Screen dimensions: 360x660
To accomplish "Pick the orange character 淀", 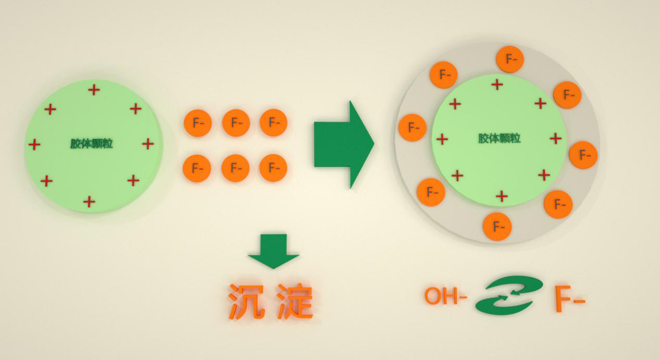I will [295, 301].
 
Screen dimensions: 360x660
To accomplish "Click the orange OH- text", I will [445, 296].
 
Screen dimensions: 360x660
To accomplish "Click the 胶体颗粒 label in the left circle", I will [92, 144].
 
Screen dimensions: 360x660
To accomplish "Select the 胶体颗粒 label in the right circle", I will [500, 139].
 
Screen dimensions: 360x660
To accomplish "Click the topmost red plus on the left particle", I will [94, 90].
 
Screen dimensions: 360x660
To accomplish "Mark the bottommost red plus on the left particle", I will [89, 201].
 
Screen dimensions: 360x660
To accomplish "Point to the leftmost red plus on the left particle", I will [34, 144].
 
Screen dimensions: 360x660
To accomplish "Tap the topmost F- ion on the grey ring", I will [509, 59].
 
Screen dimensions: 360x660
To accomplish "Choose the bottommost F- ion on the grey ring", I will [497, 227].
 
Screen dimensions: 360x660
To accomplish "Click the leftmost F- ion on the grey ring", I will [413, 128].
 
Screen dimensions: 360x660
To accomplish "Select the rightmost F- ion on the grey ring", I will [583, 155].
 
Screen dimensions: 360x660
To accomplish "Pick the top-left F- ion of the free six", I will [197, 123].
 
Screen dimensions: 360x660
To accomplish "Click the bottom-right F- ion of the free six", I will [273, 168].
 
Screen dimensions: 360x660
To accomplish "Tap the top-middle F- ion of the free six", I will [236, 123].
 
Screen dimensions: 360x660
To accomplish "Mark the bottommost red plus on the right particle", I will [502, 196].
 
